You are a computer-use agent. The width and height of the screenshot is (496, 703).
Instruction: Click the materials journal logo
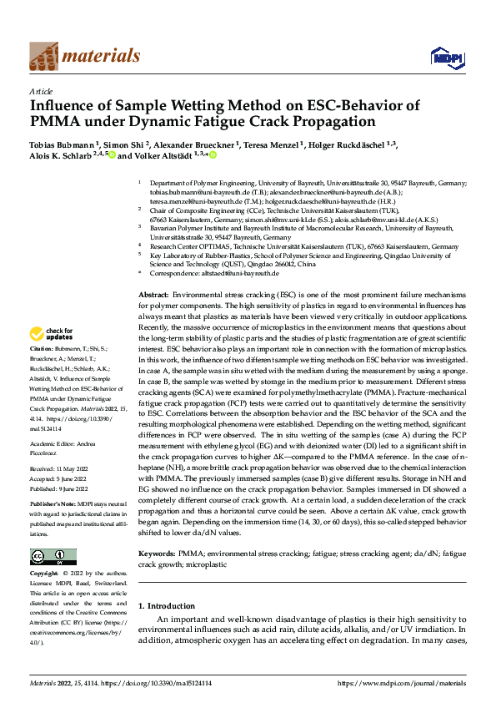[x=84, y=56]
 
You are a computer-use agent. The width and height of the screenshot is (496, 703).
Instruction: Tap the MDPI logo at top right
[x=442, y=57]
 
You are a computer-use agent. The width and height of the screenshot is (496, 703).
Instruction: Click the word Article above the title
[x=40, y=90]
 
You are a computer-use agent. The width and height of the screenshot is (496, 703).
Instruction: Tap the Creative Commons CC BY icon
[x=53, y=557]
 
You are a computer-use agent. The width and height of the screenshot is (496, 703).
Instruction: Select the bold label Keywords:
[x=157, y=553]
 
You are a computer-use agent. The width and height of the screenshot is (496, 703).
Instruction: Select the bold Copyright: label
[x=44, y=574]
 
